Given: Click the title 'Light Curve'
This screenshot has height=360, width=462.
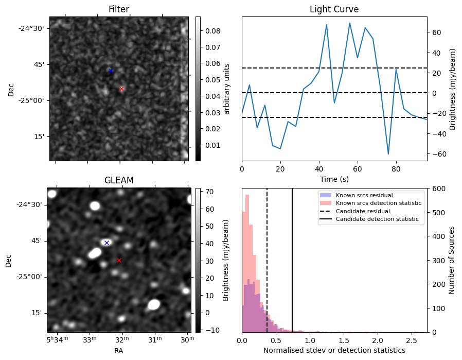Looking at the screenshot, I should (x=334, y=9).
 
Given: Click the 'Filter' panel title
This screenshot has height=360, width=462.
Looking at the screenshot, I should (x=118, y=9).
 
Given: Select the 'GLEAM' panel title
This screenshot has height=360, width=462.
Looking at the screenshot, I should (x=118, y=180).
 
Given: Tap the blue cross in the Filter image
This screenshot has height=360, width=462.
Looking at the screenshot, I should (x=110, y=71).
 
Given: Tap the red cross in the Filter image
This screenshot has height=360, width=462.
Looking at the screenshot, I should (x=121, y=89).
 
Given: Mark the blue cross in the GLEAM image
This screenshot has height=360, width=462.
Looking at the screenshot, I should (x=106, y=243).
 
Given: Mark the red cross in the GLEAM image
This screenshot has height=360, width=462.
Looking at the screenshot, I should (x=119, y=260).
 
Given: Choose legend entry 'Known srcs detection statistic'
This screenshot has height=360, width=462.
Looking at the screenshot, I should (x=378, y=203).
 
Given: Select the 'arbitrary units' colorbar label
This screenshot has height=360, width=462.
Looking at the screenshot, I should (x=227, y=89).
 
